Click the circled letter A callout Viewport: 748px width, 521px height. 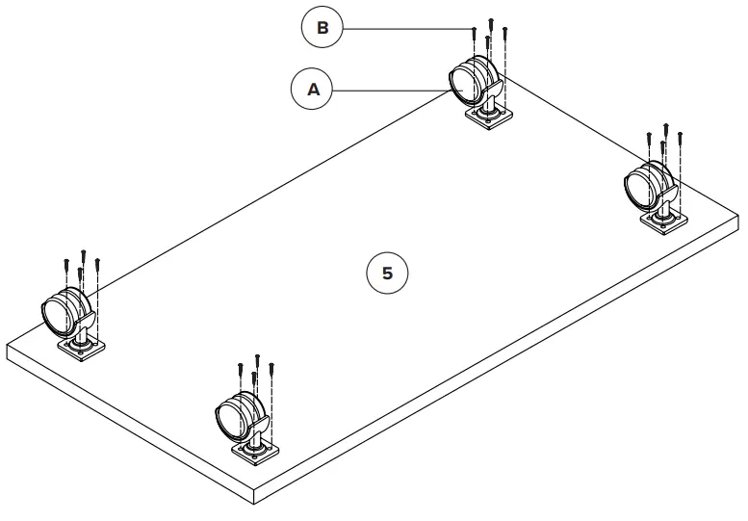coord(312,90)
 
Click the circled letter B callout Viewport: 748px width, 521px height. coord(322,29)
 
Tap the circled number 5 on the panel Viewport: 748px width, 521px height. coord(387,274)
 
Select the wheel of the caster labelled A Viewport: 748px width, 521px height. coord(467,83)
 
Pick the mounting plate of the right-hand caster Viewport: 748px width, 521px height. coord(662,222)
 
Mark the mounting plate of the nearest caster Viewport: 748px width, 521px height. coord(255,453)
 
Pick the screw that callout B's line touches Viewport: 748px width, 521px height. coord(475,34)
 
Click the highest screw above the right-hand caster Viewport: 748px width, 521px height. coord(665,129)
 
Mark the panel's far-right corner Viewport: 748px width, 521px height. coord(738,221)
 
